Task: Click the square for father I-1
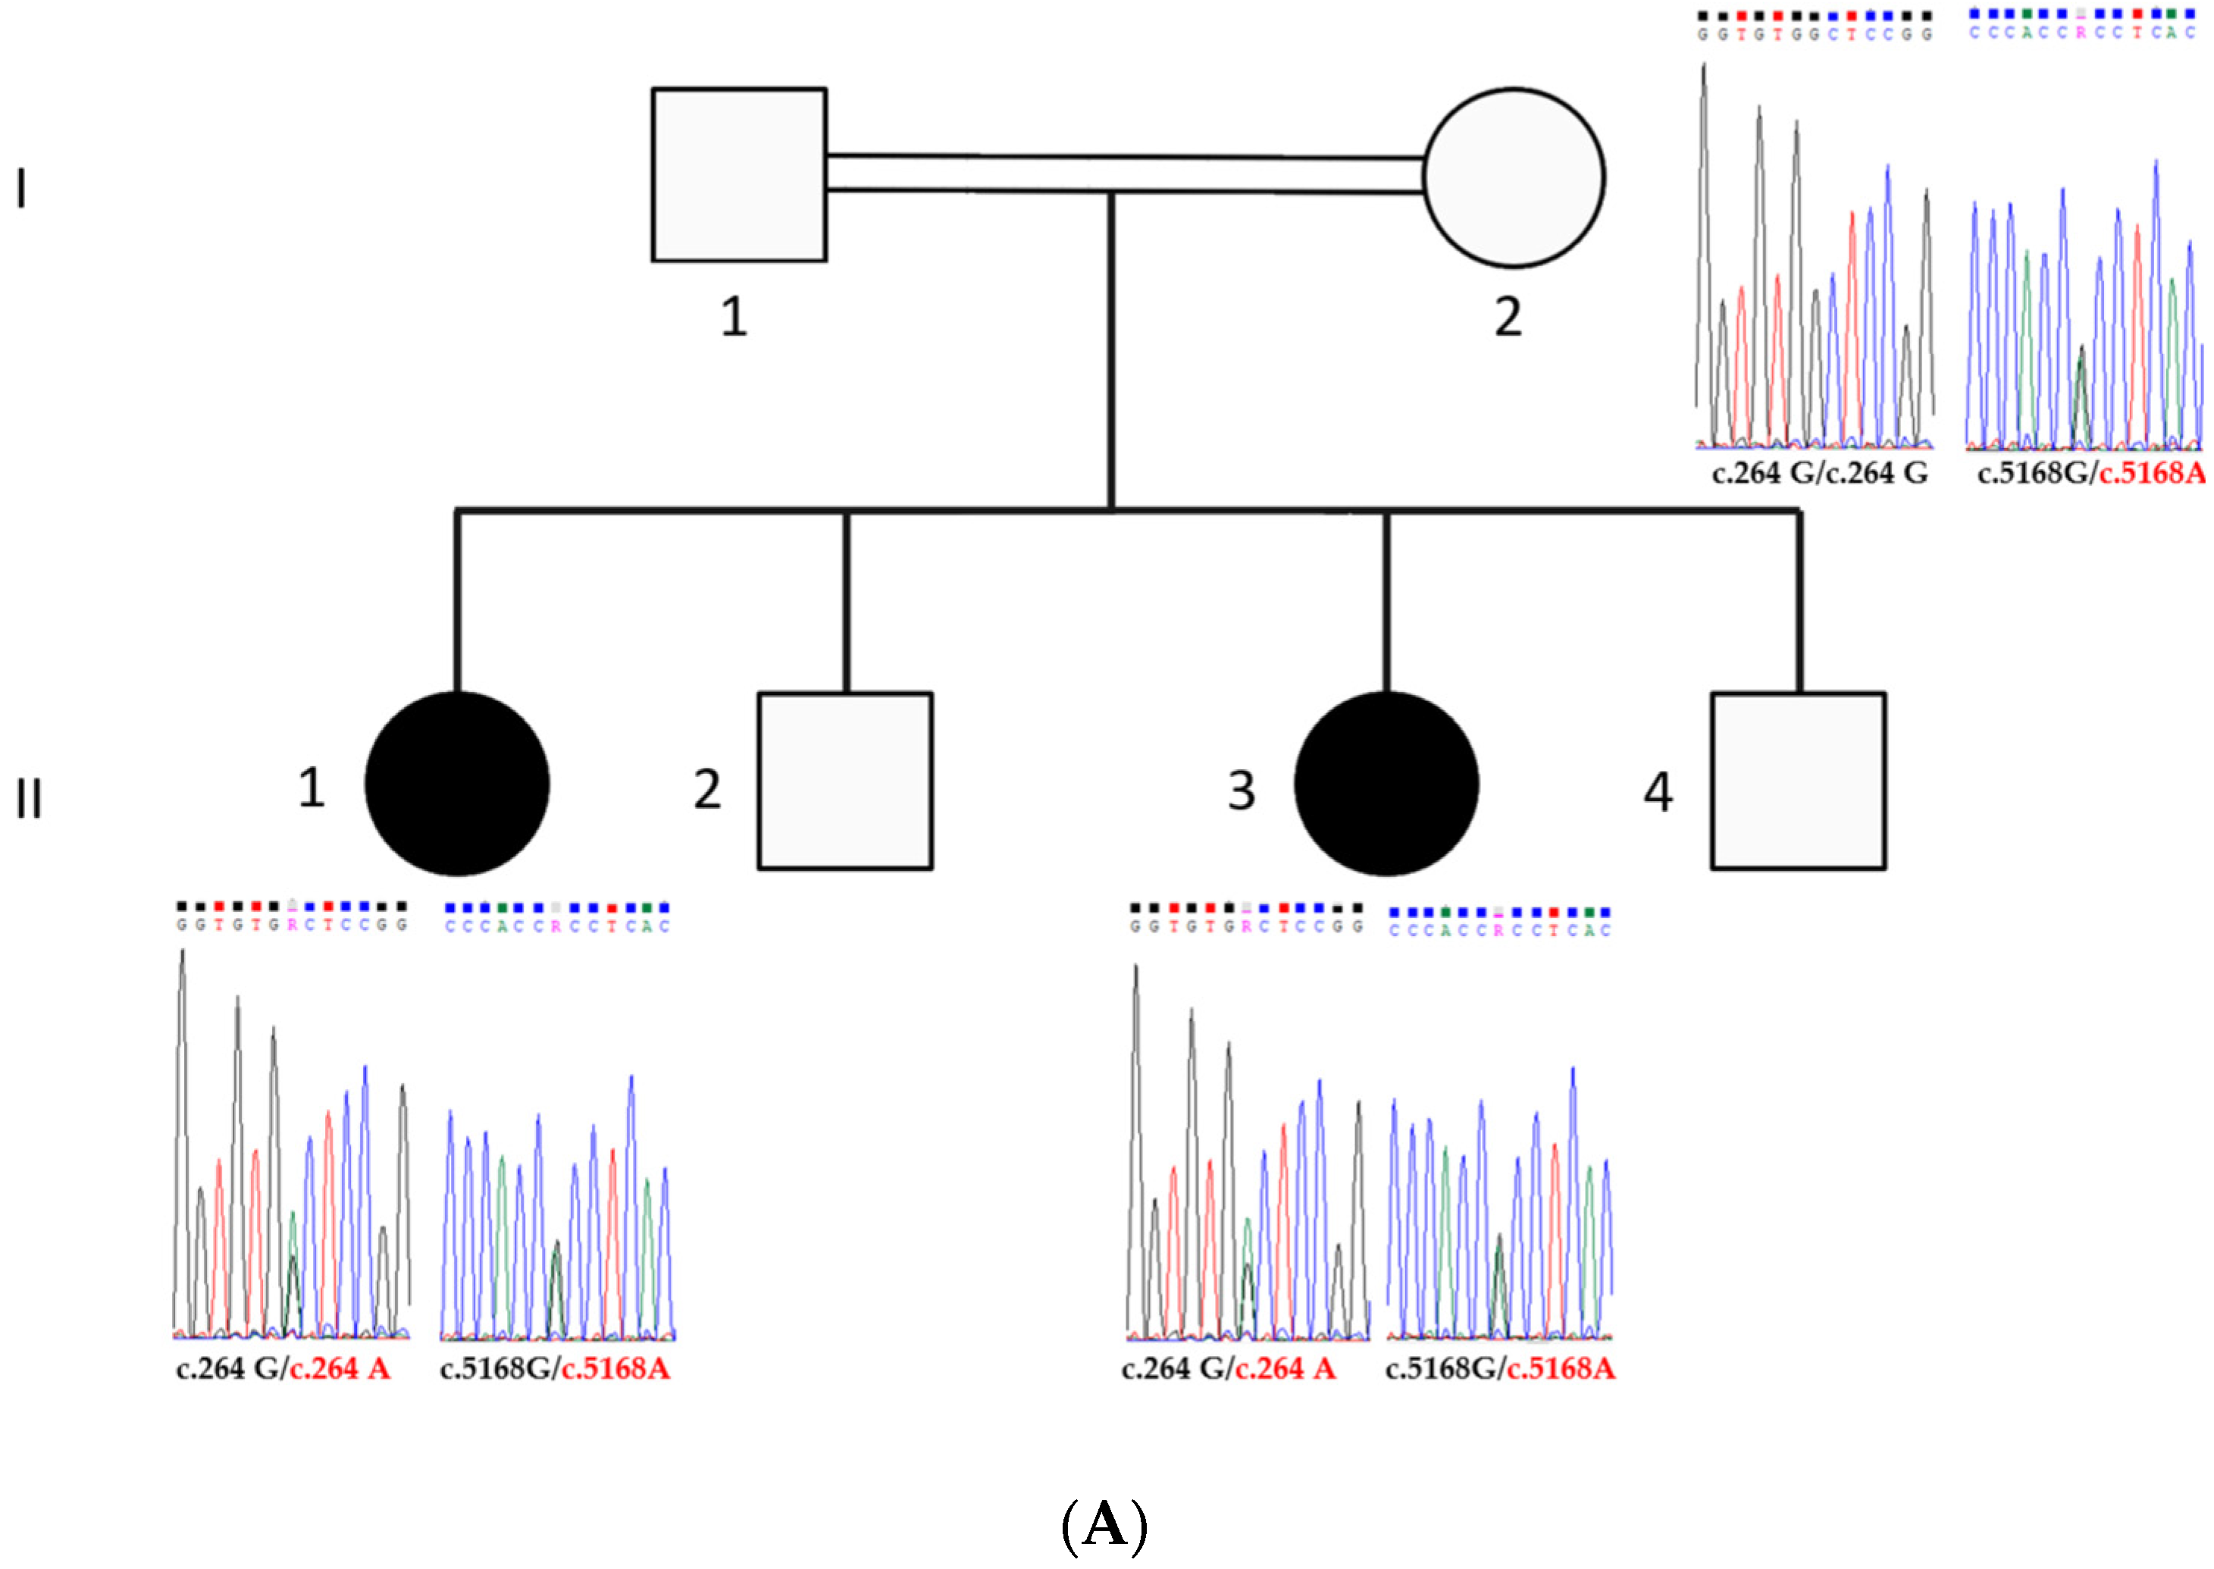click(739, 175)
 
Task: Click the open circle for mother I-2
click(1514, 178)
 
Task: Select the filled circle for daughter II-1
click(457, 784)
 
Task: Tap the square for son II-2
click(845, 781)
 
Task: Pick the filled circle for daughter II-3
click(1386, 784)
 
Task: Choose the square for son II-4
click(1798, 781)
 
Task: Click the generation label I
click(21, 189)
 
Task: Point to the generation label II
click(29, 799)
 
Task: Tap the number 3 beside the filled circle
click(1242, 791)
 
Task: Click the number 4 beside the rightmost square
click(1658, 792)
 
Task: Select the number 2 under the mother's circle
click(1508, 317)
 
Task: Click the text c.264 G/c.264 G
click(1819, 474)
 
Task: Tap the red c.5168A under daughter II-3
click(1561, 1368)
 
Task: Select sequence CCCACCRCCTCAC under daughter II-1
click(557, 926)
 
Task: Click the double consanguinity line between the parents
click(1126, 174)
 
